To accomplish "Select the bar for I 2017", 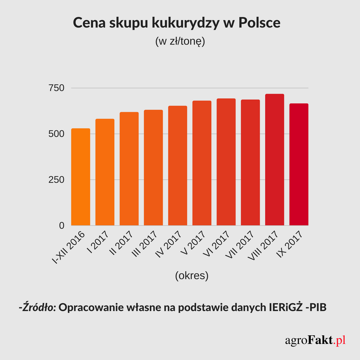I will click(x=105, y=172).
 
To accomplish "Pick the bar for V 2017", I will click(x=202, y=163).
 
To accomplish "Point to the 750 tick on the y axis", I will click(x=57, y=88).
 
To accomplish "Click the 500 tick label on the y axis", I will click(x=57, y=134).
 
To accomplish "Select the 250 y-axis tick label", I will click(x=57, y=180).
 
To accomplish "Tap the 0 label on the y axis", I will click(x=62, y=225).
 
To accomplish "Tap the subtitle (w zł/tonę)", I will click(x=180, y=42).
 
